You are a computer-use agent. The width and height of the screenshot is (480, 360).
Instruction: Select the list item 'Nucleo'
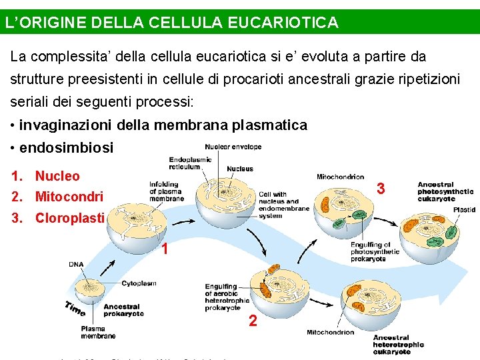tap(57, 176)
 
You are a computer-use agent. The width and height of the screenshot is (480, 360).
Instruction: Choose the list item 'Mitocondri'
tap(69, 197)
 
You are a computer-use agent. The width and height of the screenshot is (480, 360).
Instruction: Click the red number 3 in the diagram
tap(381, 189)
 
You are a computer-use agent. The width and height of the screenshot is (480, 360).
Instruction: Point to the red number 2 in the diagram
tap(253, 321)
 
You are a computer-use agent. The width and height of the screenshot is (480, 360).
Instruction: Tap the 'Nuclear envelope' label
tap(233, 147)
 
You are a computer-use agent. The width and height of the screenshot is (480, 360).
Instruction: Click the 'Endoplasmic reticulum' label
tap(190, 163)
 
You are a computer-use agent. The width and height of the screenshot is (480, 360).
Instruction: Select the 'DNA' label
tap(76, 265)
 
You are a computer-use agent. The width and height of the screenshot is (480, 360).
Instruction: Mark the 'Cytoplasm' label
tap(139, 283)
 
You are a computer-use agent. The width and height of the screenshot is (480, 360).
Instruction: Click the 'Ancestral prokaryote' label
tap(123, 310)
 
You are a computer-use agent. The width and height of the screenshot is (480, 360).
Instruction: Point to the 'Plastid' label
tap(464, 209)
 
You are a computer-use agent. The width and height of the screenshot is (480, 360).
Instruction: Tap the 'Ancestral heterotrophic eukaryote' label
tap(398, 345)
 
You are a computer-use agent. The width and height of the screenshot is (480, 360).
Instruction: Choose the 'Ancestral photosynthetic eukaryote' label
tap(445, 191)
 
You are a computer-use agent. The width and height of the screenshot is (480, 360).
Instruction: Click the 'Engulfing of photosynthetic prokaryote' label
tap(375, 251)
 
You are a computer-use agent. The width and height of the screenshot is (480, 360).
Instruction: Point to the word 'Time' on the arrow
tap(75, 308)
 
